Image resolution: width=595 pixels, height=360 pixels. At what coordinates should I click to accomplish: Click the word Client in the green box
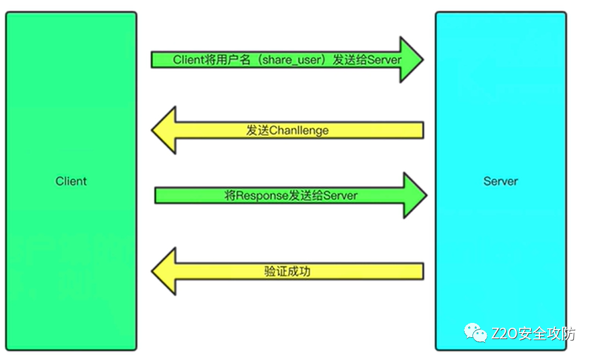[71, 181]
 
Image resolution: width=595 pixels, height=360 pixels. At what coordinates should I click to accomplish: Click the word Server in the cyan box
[501, 181]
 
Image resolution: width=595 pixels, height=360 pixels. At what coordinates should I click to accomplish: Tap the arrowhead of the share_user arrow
[411, 60]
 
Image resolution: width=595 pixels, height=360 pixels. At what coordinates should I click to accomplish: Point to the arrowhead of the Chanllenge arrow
[164, 130]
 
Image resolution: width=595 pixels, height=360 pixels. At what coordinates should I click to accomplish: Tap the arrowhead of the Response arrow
[414, 196]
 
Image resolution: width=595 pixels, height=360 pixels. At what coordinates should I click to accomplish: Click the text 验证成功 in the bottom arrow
[287, 271]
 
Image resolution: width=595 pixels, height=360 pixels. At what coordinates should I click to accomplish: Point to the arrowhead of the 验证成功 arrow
[164, 271]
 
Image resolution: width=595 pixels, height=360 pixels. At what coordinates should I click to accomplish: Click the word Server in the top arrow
[385, 60]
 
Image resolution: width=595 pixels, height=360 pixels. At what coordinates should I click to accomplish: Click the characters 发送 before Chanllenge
[257, 130]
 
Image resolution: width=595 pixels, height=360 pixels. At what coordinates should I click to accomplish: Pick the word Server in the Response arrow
[340, 196]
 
